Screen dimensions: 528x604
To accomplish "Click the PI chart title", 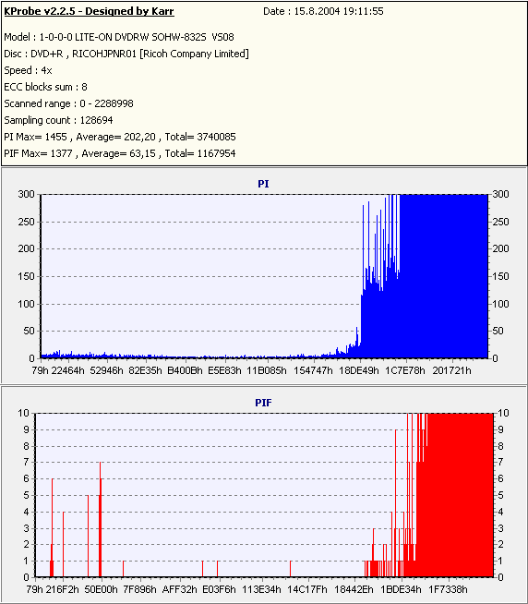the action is click(x=263, y=184).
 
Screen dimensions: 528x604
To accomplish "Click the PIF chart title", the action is click(x=263, y=403).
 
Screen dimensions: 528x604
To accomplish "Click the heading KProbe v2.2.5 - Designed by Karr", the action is click(x=89, y=12).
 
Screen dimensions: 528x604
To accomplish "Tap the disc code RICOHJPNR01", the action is click(x=104, y=54).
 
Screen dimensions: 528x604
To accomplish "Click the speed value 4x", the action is click(x=46, y=70).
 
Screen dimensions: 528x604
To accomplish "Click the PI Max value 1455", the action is click(x=55, y=137).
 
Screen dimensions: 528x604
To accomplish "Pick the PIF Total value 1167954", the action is click(x=216, y=153).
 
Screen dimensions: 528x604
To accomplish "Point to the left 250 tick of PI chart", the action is click(x=26, y=222).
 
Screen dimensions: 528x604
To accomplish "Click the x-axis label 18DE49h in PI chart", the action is click(x=358, y=370).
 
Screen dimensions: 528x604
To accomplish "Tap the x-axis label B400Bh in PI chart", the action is click(x=185, y=370).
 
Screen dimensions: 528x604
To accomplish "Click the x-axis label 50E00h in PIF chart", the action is click(x=101, y=589).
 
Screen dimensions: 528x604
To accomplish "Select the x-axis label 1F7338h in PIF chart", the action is click(x=448, y=589).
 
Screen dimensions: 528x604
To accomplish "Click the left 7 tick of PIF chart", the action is click(x=26, y=462).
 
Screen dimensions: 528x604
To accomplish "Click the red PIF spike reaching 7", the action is click(x=100, y=519).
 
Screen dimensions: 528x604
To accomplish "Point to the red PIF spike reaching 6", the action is click(x=52, y=527).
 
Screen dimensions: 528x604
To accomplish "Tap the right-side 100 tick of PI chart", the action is click(x=500, y=304).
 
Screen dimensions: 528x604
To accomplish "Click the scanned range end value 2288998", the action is click(x=114, y=103).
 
